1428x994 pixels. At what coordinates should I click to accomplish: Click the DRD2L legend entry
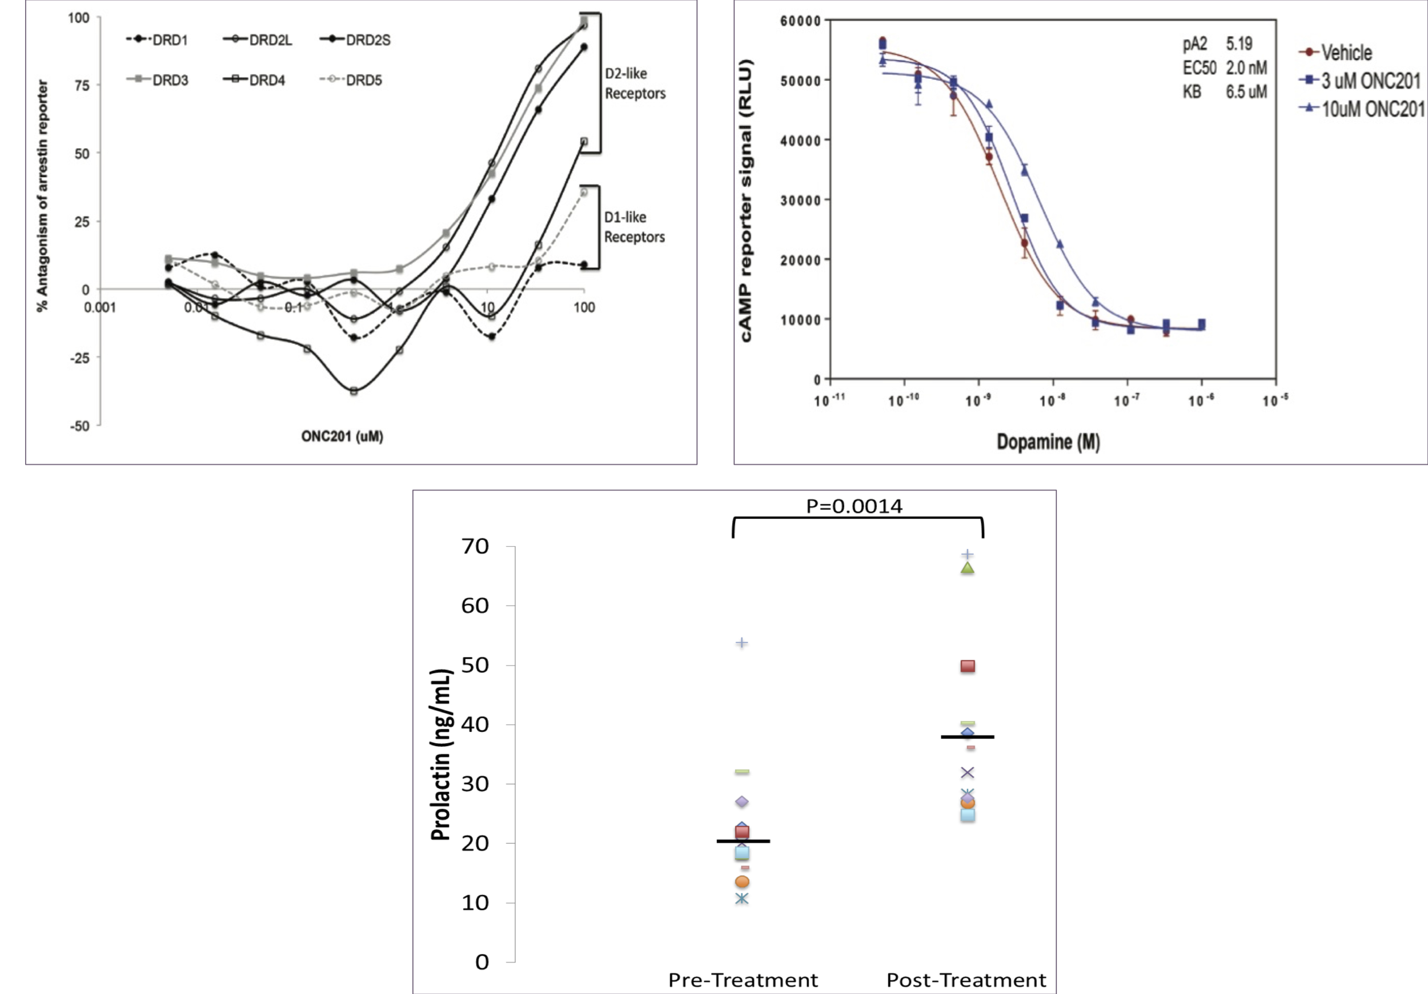coord(258,40)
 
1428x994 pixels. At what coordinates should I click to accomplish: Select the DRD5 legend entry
coord(351,80)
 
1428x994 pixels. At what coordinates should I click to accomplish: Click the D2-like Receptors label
coord(635,83)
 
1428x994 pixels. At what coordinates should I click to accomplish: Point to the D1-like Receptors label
coord(634,227)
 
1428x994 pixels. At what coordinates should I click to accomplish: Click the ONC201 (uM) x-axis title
coord(342,436)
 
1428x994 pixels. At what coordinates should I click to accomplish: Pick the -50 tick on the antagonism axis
coord(79,426)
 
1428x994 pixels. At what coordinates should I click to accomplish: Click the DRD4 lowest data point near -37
coord(354,391)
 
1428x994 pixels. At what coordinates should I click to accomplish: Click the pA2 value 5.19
coord(1239,44)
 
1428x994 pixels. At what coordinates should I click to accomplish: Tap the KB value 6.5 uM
coord(1246,92)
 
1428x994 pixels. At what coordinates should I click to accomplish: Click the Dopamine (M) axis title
coord(1048,442)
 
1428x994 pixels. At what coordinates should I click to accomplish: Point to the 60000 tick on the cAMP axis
coord(800,21)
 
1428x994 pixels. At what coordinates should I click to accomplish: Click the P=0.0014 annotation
coord(854,506)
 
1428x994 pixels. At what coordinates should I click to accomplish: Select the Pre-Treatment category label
coord(743,980)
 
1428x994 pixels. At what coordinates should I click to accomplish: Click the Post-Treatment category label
coord(966,980)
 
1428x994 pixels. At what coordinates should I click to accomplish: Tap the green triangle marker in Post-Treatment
coord(967,568)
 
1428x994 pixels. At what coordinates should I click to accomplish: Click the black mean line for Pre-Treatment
coord(743,841)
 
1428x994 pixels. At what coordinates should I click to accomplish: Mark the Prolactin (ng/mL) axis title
coord(440,755)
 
